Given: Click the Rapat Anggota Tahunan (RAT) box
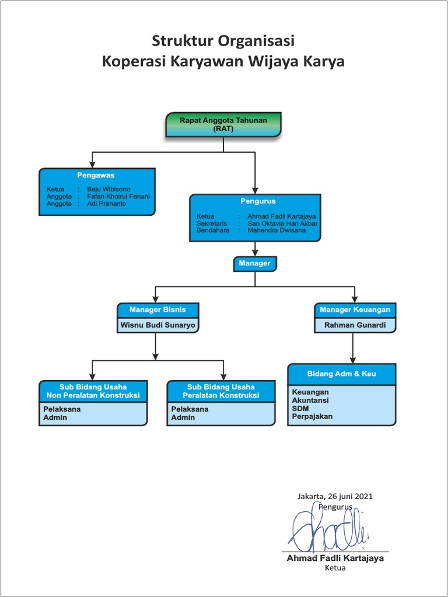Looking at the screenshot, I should tap(223, 125).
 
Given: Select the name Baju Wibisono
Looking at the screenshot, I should tap(104, 189).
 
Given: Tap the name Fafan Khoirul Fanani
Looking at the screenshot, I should tap(118, 196).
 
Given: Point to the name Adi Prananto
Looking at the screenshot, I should tap(106, 204).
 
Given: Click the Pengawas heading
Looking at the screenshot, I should tap(96, 175).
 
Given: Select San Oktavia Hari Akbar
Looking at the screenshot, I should tap(282, 223).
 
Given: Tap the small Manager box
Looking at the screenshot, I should tap(254, 264).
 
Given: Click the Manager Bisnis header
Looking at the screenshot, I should tap(157, 310).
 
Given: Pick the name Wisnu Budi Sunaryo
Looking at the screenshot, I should tap(157, 325).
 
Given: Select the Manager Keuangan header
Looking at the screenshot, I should tap(355, 310).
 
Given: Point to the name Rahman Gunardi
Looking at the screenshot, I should tap(355, 325).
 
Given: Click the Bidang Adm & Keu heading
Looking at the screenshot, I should tap(342, 374).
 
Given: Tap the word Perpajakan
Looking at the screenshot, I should tap(312, 417).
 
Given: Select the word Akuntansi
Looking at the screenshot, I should tap(310, 401).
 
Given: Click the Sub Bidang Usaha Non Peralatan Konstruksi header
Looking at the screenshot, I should tap(93, 391).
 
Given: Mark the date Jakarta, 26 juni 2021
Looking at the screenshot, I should tap(335, 497).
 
